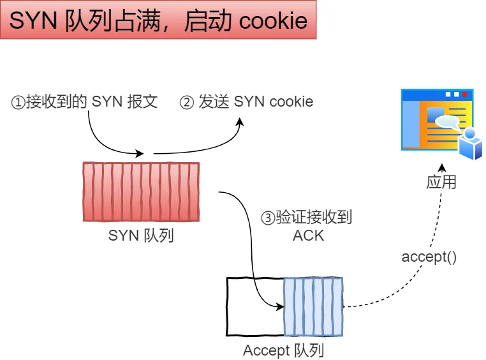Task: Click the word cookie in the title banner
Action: click(273, 21)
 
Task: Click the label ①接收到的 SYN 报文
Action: click(84, 101)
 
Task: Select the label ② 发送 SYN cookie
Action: click(247, 101)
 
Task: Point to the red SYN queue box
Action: click(141, 191)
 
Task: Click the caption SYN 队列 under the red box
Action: click(141, 236)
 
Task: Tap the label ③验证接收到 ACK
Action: click(307, 226)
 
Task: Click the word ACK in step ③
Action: click(308, 236)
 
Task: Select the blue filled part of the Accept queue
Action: click(313, 306)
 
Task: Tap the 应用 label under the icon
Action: click(441, 182)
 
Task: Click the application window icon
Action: click(436, 121)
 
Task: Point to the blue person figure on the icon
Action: click(470, 144)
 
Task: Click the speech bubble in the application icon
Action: click(446, 121)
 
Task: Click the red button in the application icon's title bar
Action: click(465, 94)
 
